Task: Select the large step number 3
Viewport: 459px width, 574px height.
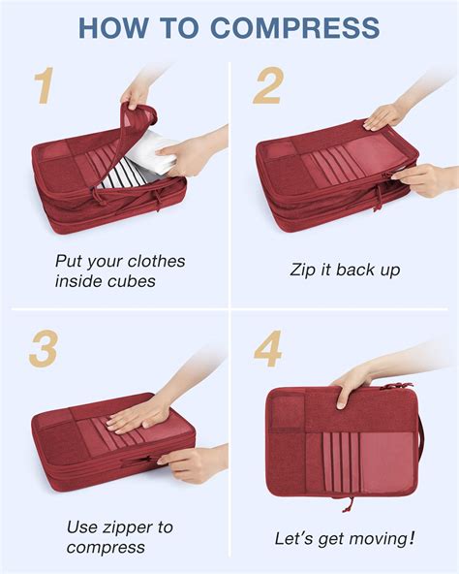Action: point(42,348)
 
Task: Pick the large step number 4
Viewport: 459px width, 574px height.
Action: point(269,348)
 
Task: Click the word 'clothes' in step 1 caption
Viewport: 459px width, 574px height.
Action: point(151,261)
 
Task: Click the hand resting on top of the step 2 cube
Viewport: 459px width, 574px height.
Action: point(384,115)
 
